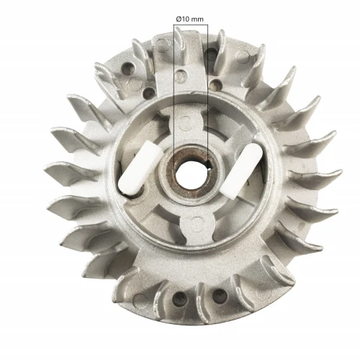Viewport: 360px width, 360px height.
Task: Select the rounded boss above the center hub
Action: [187, 118]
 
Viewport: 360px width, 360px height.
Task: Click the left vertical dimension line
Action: [174, 86]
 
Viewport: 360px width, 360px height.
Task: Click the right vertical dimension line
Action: [207, 86]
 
